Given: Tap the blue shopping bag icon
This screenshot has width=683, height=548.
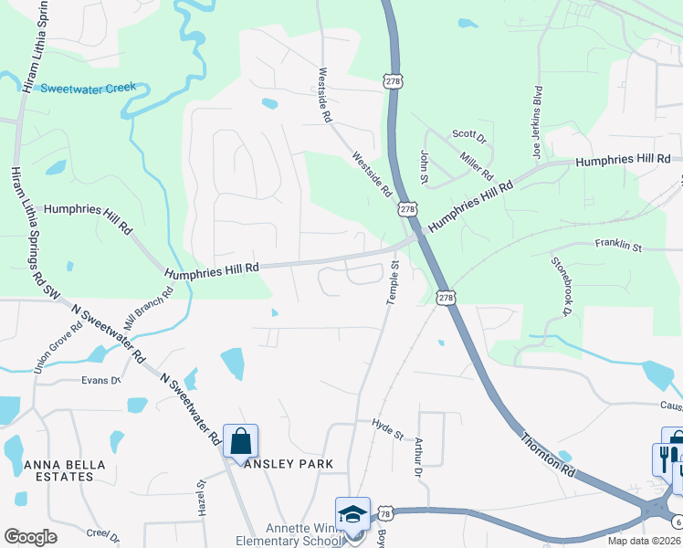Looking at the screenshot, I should (240, 442).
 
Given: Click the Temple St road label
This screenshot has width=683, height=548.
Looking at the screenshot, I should (394, 284).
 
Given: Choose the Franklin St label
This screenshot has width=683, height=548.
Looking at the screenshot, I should (619, 246).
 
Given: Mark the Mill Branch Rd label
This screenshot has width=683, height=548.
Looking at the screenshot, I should (151, 312).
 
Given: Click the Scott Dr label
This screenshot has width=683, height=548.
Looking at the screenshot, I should (469, 134).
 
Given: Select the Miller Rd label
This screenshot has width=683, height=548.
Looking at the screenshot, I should (477, 165).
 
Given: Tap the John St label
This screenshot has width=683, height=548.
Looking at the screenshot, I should (424, 165).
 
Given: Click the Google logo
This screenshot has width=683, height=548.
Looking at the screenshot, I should (30, 537).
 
